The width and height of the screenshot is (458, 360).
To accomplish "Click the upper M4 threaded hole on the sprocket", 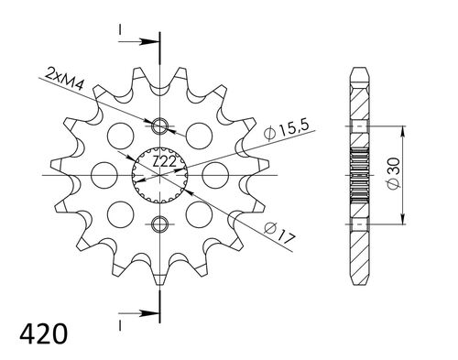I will [x=161, y=125].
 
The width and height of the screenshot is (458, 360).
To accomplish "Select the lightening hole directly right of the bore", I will [x=215, y=173].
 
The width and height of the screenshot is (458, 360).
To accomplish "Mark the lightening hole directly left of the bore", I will [x=105, y=173].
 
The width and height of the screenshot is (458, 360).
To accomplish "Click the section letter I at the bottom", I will [x=120, y=322].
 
